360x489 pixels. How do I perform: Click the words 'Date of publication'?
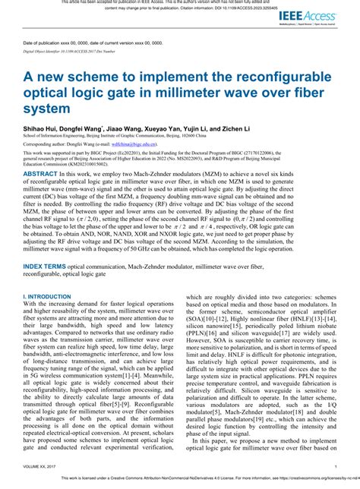(45, 44)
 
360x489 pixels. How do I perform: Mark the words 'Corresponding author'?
(45, 143)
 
